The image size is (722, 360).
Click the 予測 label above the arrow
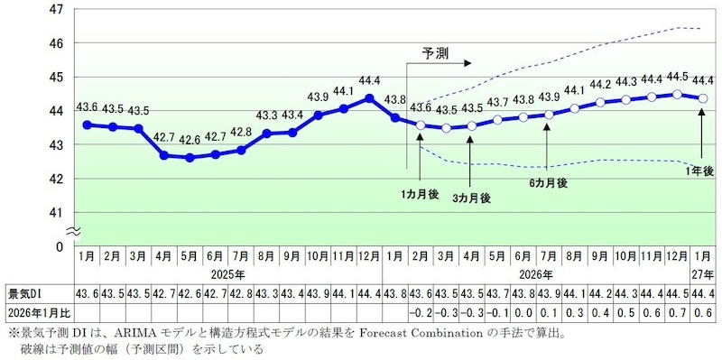436,53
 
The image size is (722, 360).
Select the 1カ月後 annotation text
421,193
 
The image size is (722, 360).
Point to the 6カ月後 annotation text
548,183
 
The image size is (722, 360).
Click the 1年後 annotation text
700,171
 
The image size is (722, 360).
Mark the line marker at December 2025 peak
369,97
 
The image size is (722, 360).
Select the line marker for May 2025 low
190,157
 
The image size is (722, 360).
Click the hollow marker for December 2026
677,93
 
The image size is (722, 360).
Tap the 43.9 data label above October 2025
318,97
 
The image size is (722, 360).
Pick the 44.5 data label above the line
677,76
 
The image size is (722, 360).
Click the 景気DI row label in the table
26,295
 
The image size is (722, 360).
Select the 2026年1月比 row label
37,312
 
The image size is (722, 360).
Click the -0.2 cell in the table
420,312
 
